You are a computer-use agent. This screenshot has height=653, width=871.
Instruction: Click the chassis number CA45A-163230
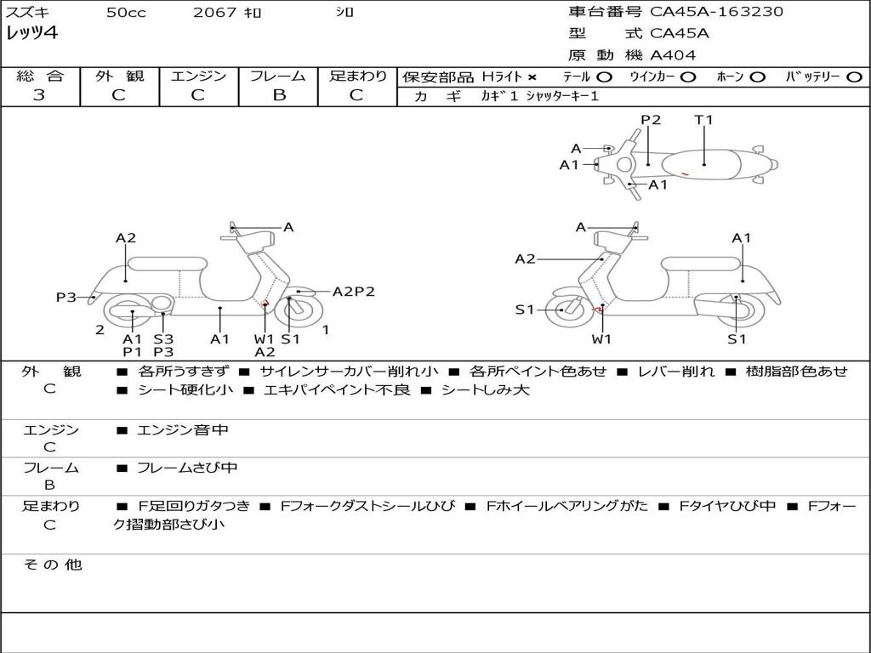716,12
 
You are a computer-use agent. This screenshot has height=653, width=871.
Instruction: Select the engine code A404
673,55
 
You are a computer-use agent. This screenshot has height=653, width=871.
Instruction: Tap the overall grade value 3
39,94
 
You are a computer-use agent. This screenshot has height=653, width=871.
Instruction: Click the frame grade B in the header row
279,95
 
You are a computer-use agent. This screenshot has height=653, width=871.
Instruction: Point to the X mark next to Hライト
532,77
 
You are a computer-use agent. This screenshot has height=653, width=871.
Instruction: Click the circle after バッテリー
854,77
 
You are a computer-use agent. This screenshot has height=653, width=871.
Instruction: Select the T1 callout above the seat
703,119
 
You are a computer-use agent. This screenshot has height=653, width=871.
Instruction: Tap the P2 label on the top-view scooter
651,119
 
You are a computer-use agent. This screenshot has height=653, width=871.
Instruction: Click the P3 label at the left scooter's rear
66,297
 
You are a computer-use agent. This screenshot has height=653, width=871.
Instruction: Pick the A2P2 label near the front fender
353,292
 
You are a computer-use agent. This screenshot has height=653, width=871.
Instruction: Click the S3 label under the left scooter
163,338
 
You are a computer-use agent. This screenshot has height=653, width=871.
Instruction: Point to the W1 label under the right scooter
601,338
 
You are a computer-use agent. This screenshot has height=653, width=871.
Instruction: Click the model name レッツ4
31,33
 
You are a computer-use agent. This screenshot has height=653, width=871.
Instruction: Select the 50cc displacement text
126,12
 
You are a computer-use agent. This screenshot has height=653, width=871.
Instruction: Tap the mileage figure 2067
214,12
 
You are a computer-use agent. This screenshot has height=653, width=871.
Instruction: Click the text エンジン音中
183,429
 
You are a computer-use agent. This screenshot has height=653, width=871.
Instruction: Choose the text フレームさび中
187,468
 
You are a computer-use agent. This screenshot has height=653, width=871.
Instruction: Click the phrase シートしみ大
486,389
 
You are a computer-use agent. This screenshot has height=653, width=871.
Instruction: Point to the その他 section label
53,565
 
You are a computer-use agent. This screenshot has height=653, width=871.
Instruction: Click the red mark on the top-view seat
686,174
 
